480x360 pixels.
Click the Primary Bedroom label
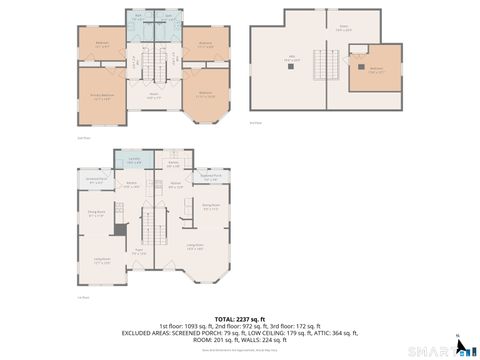(x=100, y=96)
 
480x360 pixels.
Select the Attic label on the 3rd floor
(x=293, y=60)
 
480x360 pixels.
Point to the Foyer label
(x=140, y=252)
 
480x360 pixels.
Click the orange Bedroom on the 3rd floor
(x=375, y=69)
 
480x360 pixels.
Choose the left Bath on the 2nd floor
(x=137, y=19)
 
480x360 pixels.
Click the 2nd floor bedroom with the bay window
(x=205, y=96)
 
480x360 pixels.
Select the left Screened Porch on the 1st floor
(x=97, y=182)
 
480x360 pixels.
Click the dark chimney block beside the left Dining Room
(x=117, y=230)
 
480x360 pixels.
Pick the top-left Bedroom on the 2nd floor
(x=102, y=44)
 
